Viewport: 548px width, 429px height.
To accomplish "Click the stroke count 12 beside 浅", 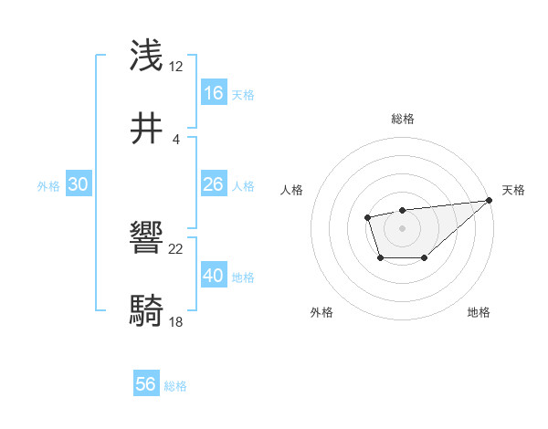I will pos(176,67).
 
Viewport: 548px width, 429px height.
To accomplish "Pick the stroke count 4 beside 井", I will pos(176,139).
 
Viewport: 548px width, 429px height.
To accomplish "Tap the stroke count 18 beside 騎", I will pos(176,322).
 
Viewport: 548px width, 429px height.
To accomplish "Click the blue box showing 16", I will pos(214,93).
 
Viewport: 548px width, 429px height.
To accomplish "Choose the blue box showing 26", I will pos(214,185).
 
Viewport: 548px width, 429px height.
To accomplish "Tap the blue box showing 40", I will pos(214,276).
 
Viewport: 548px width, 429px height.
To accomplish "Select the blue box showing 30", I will pos(79,184).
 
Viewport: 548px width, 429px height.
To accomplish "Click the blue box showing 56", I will pos(146,384).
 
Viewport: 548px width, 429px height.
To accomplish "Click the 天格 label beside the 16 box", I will pos(243,95).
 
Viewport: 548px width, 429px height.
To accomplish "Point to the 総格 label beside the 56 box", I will pos(175,386).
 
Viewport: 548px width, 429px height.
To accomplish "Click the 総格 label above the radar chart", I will pos(402,119).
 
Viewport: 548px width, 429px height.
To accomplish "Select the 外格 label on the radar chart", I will pos(321,312).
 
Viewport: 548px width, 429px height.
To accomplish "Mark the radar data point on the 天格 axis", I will pos(489,200).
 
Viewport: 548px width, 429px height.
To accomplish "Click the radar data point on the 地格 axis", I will pos(425,259).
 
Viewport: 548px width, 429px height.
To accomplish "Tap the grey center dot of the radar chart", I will pos(402,227).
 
